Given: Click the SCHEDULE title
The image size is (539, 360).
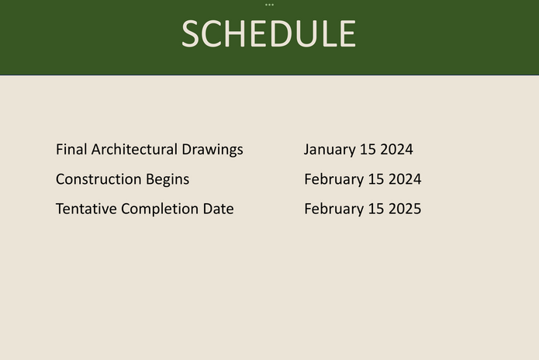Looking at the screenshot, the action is (x=269, y=33).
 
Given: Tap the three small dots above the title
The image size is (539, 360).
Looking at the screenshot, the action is (x=270, y=5).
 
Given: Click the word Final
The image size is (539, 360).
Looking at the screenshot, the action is (x=71, y=149).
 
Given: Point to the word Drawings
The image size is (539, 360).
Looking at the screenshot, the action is (x=212, y=150).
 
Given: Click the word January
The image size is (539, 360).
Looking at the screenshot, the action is (x=330, y=150).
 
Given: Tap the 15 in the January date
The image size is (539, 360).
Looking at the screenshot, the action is (x=368, y=149).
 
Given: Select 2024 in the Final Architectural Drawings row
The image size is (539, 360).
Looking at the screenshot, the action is (x=396, y=149).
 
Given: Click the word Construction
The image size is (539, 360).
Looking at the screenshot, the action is (x=98, y=179).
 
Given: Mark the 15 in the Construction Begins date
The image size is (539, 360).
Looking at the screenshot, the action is (x=376, y=179).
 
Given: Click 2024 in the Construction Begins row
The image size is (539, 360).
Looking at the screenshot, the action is (x=405, y=179).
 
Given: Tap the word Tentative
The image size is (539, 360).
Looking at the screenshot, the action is (x=86, y=209).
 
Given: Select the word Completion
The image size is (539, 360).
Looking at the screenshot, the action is (x=160, y=209).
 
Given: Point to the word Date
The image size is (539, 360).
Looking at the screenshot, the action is (x=218, y=209).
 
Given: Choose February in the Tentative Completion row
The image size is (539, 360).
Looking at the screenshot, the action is (x=334, y=209).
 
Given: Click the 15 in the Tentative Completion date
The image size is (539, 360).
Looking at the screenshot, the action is (x=376, y=209).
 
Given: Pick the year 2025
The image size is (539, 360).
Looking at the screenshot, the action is (x=405, y=209).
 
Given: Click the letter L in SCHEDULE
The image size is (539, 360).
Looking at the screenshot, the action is (x=330, y=33).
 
